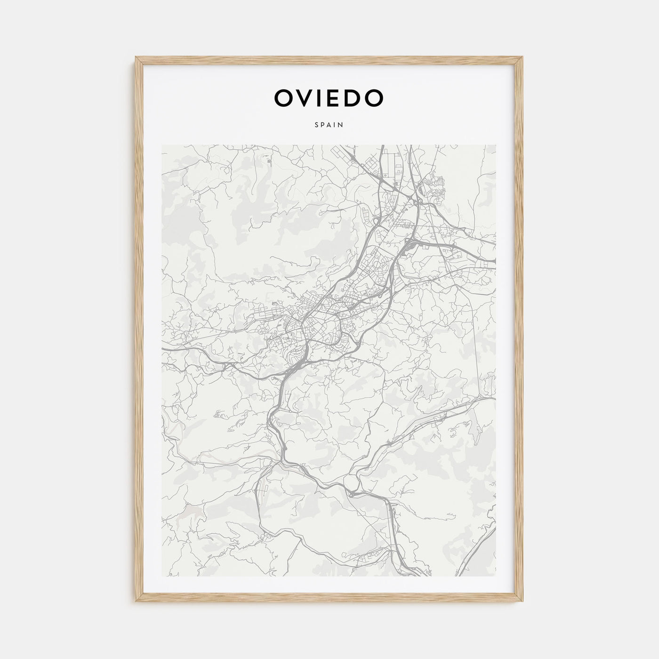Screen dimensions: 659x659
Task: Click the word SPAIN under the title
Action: click(329, 125)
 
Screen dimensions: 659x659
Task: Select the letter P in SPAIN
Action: click(323, 125)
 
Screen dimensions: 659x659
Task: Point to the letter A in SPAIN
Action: click(329, 125)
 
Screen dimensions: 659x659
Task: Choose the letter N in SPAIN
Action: click(340, 125)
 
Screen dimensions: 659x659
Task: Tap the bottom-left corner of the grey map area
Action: click(162, 576)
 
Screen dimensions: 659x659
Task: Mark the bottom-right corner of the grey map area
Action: click(496, 576)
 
